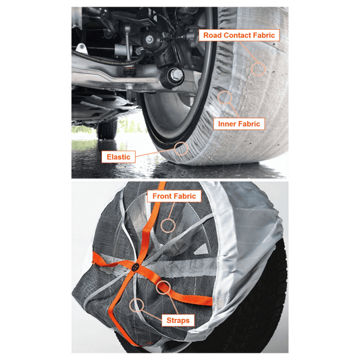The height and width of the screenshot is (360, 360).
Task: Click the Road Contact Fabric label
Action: click(x=239, y=35)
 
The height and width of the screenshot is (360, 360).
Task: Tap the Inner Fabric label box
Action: click(x=239, y=124)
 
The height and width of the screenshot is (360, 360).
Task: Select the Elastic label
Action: click(x=118, y=157)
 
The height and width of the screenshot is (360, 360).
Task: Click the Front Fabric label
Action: click(x=174, y=196)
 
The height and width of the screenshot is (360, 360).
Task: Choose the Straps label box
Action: click(x=178, y=320)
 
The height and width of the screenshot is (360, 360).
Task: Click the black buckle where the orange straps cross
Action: click(x=136, y=267)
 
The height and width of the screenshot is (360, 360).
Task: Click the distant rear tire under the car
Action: click(x=107, y=129)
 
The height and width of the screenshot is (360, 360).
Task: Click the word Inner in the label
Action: click(x=226, y=124)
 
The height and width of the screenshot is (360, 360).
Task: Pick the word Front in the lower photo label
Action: click(x=162, y=196)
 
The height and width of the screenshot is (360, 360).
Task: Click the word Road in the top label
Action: click(x=212, y=35)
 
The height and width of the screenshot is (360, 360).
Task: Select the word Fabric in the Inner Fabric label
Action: click(x=248, y=124)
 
